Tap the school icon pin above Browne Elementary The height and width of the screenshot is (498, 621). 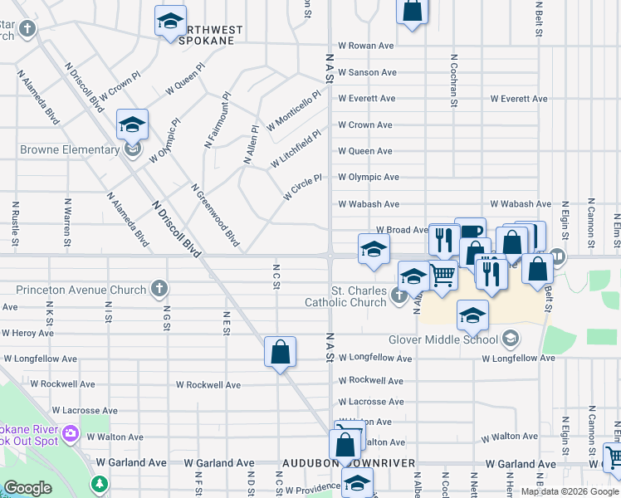coord(132,125)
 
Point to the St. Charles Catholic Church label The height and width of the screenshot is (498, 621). coord(359,297)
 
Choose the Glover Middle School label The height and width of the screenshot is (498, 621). coord(443,339)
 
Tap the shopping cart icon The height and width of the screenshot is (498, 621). coord(443,274)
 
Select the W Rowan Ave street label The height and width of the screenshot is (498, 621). coord(365,46)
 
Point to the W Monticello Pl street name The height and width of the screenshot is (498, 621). coord(293,111)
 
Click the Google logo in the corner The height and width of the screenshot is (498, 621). coord(27,488)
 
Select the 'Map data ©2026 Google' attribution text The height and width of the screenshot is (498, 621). coord(569,491)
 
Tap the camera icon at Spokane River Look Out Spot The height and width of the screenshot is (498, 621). coord(70,433)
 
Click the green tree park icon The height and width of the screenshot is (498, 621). coord(100,482)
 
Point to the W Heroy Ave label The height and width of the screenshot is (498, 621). coord(27,333)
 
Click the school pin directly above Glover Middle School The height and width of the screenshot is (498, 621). coord(472,316)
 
